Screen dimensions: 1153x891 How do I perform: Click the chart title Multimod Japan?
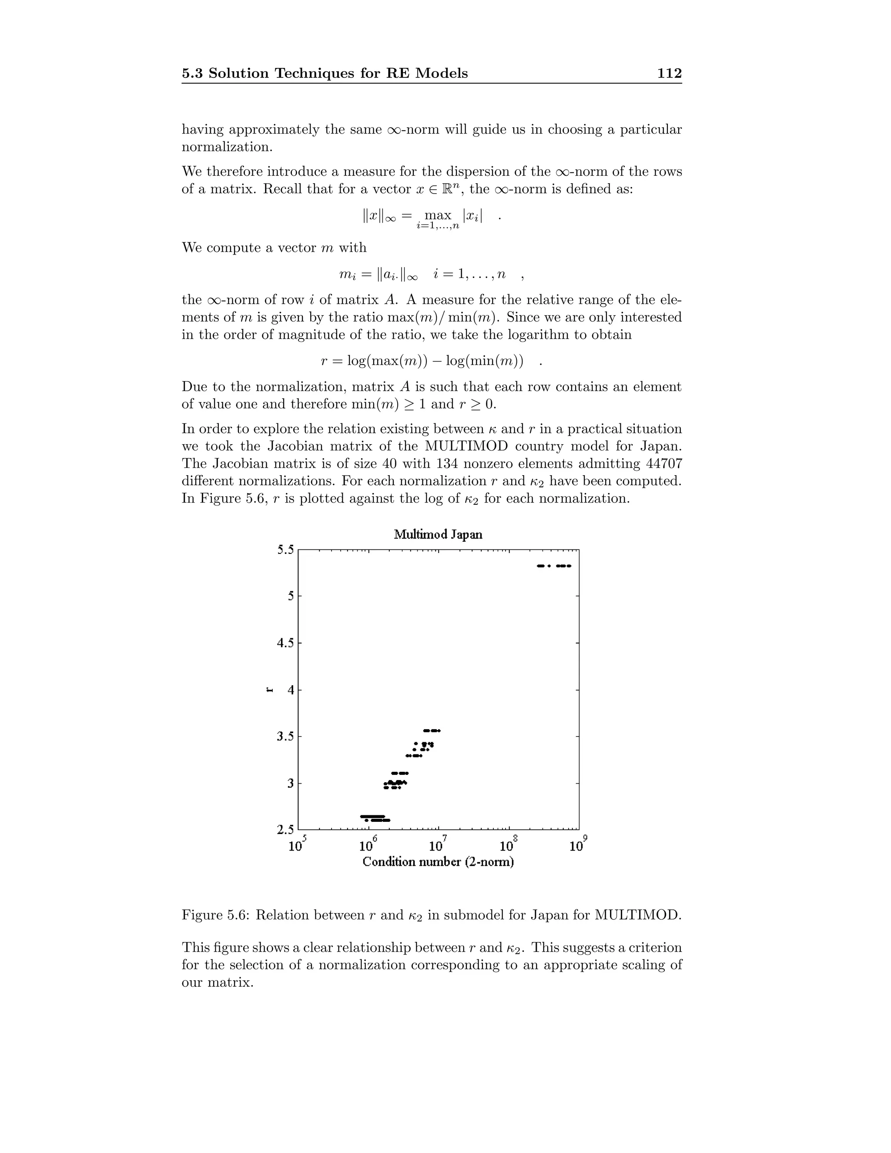click(438, 534)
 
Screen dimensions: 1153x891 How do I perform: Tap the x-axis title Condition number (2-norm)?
click(438, 861)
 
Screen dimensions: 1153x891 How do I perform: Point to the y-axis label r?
click(270, 690)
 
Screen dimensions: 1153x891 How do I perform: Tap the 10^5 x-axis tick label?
click(297, 845)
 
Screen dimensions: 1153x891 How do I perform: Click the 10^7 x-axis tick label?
click(438, 845)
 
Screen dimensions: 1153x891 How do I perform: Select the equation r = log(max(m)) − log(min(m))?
click(422, 361)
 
